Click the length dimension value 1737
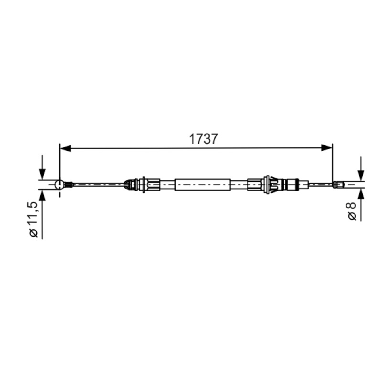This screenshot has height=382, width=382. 203,139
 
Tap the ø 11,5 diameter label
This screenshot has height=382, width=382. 33,219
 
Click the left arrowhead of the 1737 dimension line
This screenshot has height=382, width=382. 65,148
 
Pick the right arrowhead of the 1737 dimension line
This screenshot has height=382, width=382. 327,148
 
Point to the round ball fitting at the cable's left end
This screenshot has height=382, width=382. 59,185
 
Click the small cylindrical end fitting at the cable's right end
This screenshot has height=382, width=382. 339,185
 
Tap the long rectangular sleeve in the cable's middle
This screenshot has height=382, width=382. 202,185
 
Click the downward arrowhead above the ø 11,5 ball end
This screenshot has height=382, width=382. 42,174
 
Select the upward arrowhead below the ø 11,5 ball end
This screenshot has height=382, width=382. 42,195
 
